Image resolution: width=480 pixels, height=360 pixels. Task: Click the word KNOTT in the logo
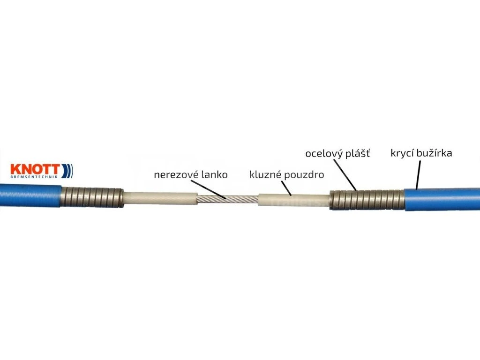35,169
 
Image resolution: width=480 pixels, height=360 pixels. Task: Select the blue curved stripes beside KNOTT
67,171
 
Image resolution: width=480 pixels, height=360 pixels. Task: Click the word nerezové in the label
173,175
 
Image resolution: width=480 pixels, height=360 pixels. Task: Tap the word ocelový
324,154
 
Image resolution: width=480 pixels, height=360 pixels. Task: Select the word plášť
358,153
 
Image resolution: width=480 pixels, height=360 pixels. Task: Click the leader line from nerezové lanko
208,189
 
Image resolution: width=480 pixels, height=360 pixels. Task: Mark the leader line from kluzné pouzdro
286,188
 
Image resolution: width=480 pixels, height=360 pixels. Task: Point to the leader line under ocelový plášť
345,175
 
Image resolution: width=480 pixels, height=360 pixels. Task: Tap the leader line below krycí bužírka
418,175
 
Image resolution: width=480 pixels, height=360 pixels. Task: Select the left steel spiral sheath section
92,198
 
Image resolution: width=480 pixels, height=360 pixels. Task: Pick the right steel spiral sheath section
367,200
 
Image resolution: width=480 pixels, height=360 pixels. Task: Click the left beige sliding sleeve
160,199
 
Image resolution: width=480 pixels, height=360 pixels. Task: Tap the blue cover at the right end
442,200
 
